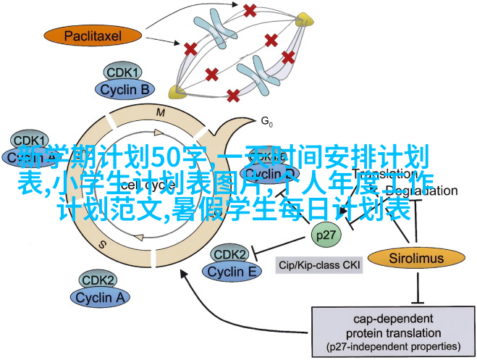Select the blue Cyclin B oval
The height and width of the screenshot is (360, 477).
[x=124, y=90]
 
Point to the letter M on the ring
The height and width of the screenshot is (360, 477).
[x=161, y=113]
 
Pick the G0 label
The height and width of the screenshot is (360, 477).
[x=267, y=121]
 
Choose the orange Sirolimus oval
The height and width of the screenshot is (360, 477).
[x=415, y=257]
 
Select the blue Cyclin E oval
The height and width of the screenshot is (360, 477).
[x=232, y=271]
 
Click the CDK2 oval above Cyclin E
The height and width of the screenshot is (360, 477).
[x=230, y=254]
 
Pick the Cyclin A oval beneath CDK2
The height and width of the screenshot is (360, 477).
[x=101, y=296]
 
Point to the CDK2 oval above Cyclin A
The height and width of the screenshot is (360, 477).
[x=98, y=280]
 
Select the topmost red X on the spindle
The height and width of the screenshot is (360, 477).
[x=250, y=10]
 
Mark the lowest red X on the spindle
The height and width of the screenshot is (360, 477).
[x=233, y=96]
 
